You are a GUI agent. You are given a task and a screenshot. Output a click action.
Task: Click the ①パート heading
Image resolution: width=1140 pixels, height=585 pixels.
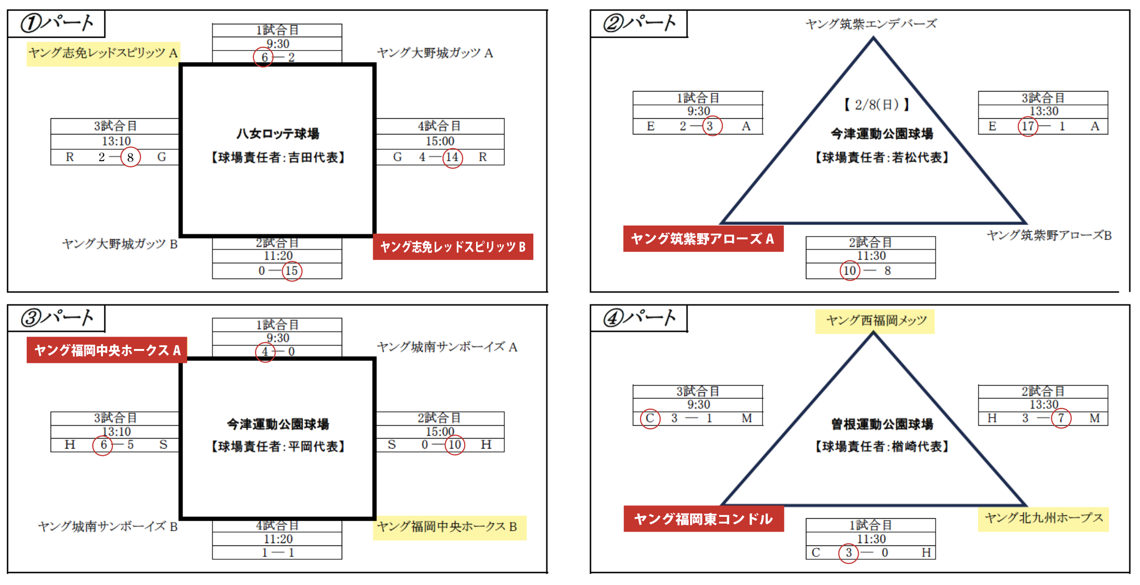point(57,23)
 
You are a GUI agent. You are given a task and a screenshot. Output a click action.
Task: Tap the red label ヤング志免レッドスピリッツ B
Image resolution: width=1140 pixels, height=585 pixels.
point(453,246)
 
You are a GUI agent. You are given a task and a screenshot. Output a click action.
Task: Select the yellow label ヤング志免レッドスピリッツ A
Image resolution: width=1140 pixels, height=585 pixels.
point(103,53)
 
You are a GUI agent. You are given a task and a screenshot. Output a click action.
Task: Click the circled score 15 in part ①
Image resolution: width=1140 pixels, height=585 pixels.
point(292,271)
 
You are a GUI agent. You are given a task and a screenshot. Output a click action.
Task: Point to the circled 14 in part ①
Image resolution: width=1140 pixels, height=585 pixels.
point(452,157)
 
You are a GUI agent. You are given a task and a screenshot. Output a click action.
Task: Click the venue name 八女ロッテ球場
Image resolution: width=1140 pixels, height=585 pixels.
point(278,134)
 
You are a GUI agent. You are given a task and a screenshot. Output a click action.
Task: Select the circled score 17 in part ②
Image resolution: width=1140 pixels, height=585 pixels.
point(1028,126)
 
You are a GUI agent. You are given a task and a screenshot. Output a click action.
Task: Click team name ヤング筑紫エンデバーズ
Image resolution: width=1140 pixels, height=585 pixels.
point(871,24)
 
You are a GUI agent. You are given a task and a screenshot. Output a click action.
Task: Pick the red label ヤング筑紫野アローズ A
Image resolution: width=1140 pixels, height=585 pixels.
point(703,239)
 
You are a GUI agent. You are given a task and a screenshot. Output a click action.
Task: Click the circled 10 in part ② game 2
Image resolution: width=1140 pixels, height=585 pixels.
point(850,271)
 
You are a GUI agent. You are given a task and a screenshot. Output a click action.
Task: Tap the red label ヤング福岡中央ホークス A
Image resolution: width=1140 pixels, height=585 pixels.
point(107,350)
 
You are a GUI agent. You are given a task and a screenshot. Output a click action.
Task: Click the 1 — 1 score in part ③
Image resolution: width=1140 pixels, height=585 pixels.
point(278,553)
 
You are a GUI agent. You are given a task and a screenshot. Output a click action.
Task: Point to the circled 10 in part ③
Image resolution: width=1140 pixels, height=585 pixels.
point(455,445)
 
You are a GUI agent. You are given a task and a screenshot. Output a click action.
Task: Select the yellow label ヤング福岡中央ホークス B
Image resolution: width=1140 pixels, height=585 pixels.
point(448,527)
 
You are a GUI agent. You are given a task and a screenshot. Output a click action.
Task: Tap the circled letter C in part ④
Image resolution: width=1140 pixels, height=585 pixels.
point(650,419)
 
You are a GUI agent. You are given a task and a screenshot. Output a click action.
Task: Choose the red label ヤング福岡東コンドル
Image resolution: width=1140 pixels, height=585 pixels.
point(703,519)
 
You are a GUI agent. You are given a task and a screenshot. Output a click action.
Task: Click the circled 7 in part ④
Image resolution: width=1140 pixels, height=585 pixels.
point(1061,419)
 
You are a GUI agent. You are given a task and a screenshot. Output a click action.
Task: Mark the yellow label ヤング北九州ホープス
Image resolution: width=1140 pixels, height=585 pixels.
point(1044,518)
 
